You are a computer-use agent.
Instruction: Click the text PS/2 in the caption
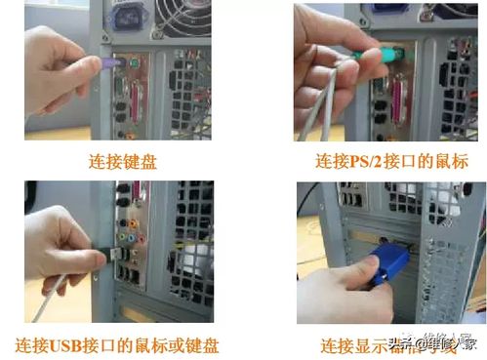click(x=368, y=161)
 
